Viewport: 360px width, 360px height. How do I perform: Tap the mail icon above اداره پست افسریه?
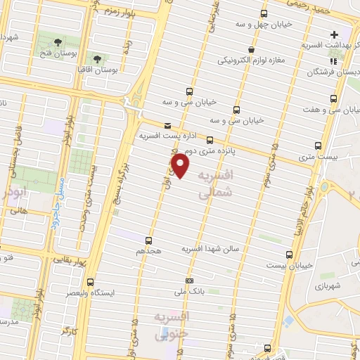(x=167, y=125)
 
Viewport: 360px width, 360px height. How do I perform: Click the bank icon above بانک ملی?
(x=188, y=279)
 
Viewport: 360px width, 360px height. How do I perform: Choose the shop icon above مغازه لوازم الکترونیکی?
(x=252, y=49)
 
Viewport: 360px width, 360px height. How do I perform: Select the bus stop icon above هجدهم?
(x=148, y=240)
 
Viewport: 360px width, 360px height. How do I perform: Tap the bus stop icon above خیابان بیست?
(x=290, y=255)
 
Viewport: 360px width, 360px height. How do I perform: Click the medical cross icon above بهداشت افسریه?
(x=334, y=33)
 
